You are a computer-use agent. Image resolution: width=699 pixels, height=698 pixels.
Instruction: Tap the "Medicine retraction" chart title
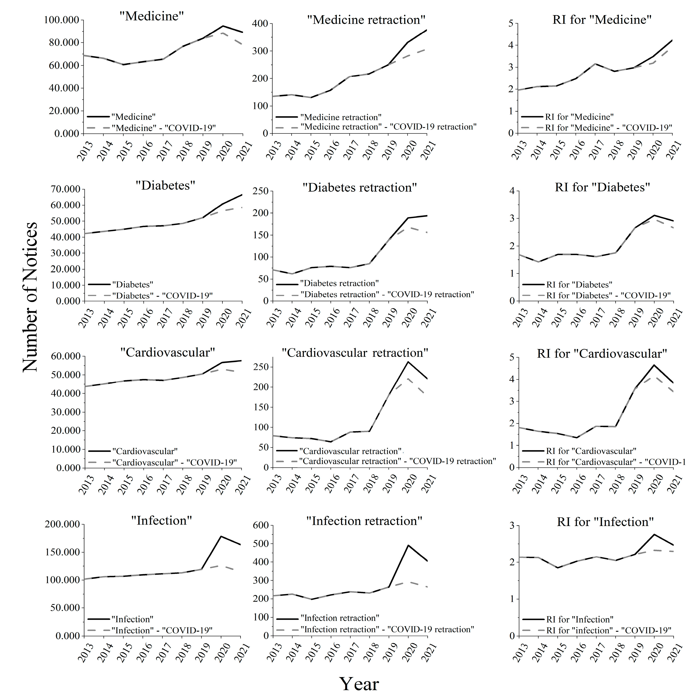tap(366, 19)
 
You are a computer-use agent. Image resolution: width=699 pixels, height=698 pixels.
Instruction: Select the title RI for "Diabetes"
tap(602, 187)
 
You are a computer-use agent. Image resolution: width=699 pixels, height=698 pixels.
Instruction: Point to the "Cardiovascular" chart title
tap(168, 352)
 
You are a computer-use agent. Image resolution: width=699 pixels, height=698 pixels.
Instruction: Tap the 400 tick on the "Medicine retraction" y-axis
tap(260, 24)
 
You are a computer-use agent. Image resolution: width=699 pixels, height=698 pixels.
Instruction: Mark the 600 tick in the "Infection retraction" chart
tap(260, 525)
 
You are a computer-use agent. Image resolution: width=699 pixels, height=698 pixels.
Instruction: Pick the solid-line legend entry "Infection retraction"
tap(340, 618)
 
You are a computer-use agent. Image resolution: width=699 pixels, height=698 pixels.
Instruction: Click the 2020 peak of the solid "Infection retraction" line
tap(408, 545)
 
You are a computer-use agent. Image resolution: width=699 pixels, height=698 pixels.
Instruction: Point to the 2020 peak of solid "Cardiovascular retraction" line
tap(408, 362)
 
